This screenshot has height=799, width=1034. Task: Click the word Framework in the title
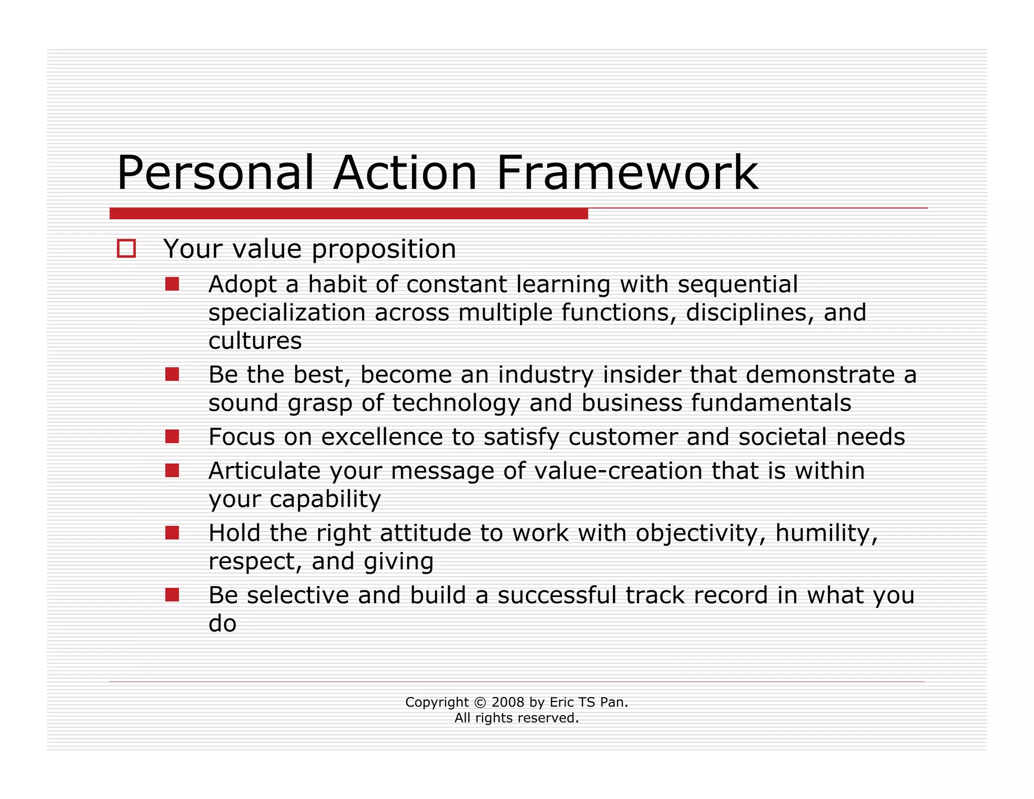click(627, 173)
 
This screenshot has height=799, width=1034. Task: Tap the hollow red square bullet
click(126, 248)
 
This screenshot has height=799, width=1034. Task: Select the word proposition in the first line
click(384, 249)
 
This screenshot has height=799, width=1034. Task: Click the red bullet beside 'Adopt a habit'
click(172, 284)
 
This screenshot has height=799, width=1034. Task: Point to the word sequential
click(738, 284)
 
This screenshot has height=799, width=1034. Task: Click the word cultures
click(255, 341)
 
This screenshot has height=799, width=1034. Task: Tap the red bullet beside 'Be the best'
click(172, 374)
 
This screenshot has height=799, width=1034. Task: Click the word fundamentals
click(771, 403)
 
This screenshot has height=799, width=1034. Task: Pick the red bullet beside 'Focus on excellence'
click(172, 436)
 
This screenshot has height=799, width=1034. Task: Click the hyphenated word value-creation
click(618, 471)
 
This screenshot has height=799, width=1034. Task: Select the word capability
click(325, 500)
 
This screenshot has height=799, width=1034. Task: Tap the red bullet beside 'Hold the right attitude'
click(172, 533)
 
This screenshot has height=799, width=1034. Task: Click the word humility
click(826, 533)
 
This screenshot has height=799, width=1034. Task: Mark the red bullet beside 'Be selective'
click(172, 595)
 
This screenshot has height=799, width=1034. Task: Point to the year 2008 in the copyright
click(508, 703)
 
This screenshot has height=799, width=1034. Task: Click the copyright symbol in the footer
click(480, 703)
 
